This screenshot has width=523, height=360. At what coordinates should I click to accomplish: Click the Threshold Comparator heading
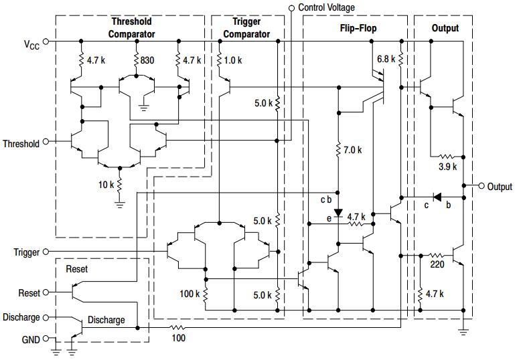click(132, 28)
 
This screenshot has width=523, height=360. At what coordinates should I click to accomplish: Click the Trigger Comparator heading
click(246, 28)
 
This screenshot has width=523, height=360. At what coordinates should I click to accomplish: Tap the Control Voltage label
click(326, 7)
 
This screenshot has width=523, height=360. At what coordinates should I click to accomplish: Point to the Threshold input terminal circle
click(46, 142)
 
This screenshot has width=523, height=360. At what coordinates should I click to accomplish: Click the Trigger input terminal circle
click(46, 252)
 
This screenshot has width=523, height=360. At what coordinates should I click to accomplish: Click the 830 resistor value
click(147, 60)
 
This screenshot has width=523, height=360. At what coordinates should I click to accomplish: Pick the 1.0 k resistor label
click(234, 60)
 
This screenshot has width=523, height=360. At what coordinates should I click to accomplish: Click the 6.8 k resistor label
click(386, 59)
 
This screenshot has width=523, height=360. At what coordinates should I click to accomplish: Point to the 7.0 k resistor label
click(352, 151)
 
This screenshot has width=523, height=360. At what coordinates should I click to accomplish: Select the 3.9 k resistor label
click(447, 167)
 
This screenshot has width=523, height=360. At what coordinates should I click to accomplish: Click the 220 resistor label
click(437, 265)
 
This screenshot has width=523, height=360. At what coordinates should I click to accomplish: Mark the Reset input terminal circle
click(46, 293)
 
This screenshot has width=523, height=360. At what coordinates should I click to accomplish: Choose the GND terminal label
click(31, 339)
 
